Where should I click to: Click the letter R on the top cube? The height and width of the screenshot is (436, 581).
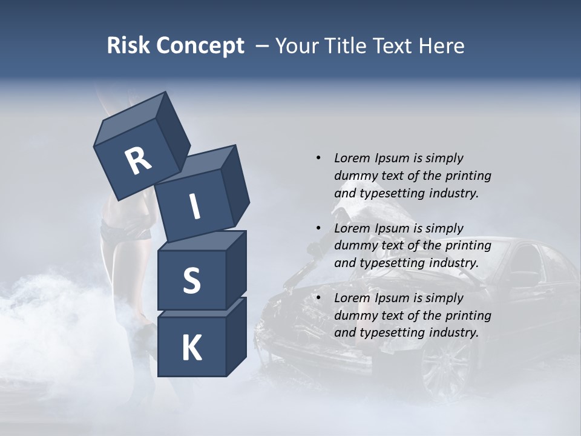139,161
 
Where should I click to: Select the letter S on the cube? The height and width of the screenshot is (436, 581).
191,280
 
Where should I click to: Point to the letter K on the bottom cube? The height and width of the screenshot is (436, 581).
191,348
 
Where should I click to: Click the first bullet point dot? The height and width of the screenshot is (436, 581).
318,158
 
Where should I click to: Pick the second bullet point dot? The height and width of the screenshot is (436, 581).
318,228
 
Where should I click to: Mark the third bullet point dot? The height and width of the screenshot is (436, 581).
318,298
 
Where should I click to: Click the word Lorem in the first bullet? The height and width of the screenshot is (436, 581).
350,158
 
